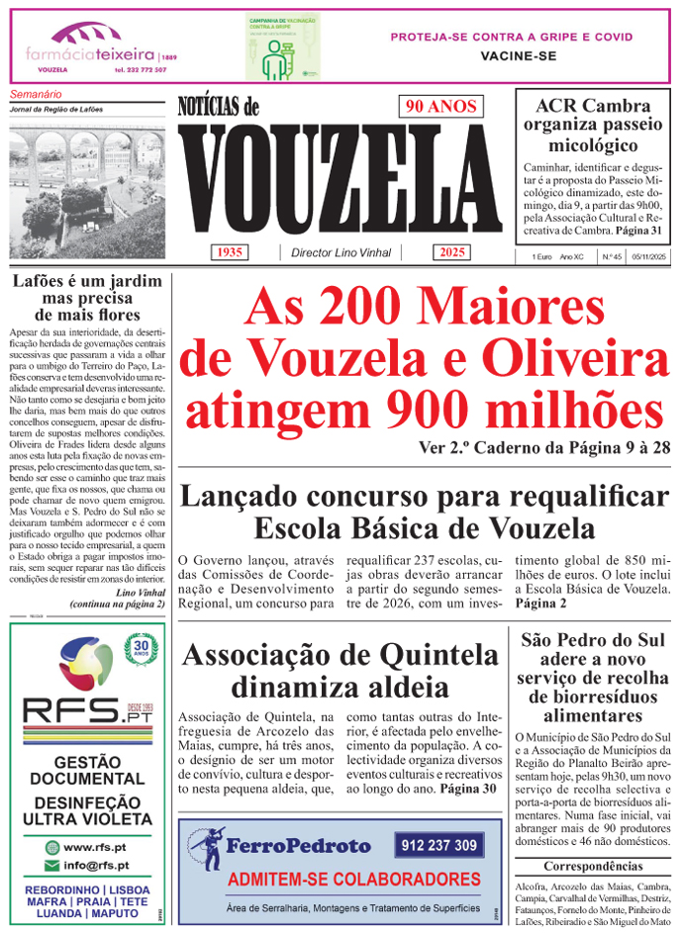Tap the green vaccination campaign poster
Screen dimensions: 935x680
pos(283,47)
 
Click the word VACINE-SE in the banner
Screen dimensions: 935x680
pos(511,57)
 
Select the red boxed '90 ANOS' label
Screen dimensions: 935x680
pos(440,107)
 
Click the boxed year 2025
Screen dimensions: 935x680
pos(453,252)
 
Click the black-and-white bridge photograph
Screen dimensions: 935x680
pos(86,182)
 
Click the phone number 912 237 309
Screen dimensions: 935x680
pos(438,846)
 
